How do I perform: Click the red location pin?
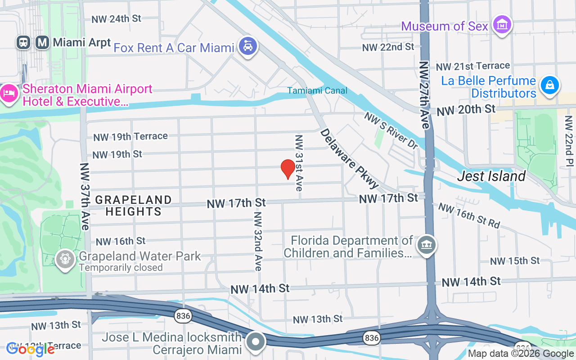(288, 169)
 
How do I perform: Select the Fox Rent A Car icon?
(247, 46)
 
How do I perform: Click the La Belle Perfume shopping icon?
(550, 85)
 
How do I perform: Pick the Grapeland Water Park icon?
(65, 259)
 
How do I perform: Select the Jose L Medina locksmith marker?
(256, 342)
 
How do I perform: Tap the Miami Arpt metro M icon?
(43, 43)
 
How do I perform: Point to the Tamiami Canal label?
(318, 90)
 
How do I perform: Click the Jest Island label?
(491, 176)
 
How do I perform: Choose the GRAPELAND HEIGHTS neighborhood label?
(134, 205)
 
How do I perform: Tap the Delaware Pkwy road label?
(350, 159)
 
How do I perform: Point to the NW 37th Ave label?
(85, 196)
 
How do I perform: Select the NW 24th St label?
(116, 19)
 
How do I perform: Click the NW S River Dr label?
(391, 130)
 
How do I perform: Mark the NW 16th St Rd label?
(469, 216)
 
